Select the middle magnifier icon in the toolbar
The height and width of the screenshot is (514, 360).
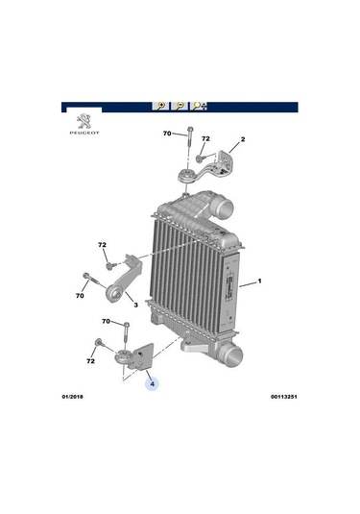pos(180,106)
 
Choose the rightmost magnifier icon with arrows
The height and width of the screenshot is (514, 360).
pos(199,106)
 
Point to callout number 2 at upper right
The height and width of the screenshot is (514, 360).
pos(243,140)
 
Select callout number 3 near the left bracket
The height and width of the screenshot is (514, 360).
pos(135,306)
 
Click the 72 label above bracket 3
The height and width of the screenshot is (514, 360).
pos(103,245)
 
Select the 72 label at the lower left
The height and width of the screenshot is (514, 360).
pos(90,362)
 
